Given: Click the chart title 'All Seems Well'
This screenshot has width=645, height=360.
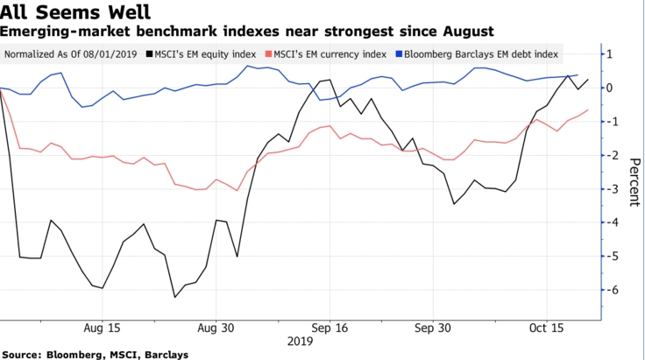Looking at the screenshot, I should tap(74, 12).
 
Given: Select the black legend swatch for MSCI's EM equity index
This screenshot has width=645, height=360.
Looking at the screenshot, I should tap(147, 54).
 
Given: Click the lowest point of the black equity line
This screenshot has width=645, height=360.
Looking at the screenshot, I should tap(175, 297).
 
